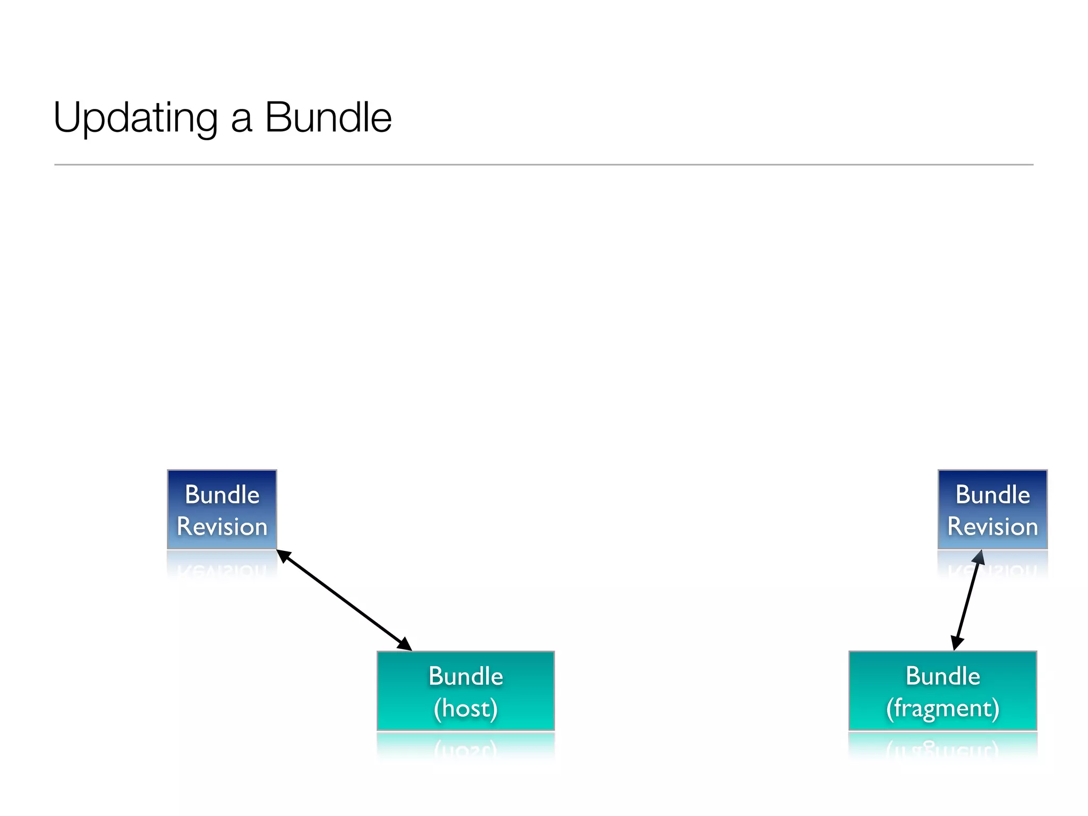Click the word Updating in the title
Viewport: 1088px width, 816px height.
click(x=135, y=118)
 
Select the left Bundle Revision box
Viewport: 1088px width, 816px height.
click(x=222, y=509)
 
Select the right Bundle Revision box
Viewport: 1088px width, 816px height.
click(x=992, y=509)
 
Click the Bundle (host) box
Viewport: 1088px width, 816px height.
click(x=465, y=691)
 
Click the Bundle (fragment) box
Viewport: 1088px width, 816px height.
click(x=942, y=691)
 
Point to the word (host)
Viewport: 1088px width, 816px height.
click(x=465, y=709)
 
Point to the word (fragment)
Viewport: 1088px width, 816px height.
click(x=942, y=709)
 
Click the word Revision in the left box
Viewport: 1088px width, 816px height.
click(x=222, y=526)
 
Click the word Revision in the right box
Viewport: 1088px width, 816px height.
click(x=992, y=526)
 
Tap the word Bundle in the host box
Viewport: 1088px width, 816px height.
click(x=465, y=676)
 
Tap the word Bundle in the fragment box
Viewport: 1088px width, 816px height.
click(x=942, y=676)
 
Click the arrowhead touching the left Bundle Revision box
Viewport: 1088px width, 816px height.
click(x=284, y=556)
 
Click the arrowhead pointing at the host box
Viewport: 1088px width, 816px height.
click(x=405, y=644)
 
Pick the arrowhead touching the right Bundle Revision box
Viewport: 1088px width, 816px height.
click(x=979, y=558)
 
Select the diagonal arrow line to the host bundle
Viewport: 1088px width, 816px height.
click(x=344, y=600)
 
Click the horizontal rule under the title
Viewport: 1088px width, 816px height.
click(x=544, y=165)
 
